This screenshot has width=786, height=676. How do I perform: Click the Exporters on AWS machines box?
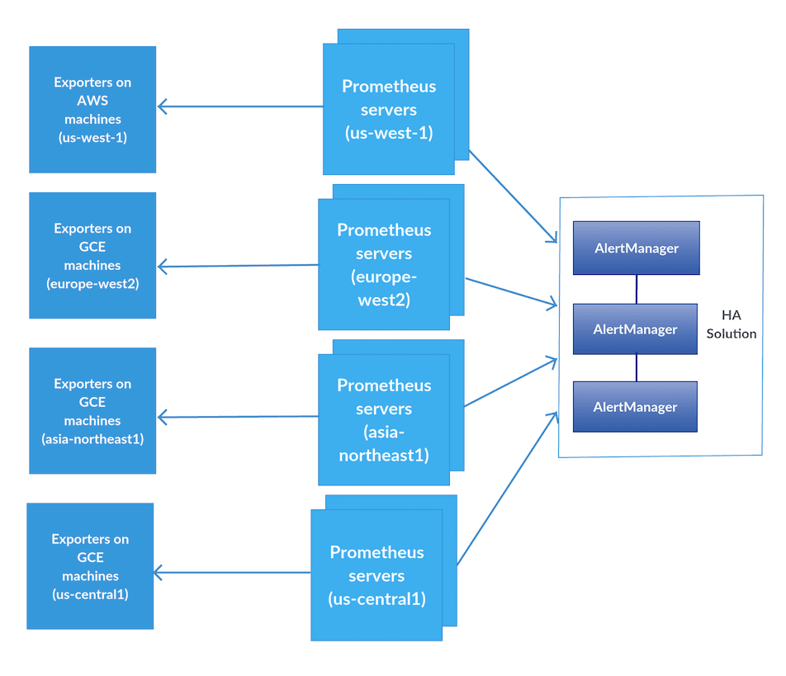pos(92,110)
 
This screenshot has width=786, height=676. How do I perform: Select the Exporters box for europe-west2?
pos(92,256)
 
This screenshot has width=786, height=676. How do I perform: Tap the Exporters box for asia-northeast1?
pos(92,411)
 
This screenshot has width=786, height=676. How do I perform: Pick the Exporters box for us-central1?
pos(90,566)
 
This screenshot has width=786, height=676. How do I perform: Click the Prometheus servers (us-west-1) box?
pos(388,110)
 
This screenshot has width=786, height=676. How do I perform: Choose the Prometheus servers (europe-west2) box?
pos(384,264)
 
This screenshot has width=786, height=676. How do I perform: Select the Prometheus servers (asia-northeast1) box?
pos(384,419)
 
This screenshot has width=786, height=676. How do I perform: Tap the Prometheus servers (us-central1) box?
pos(376,574)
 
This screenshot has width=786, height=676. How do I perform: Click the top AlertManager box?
pos(637,248)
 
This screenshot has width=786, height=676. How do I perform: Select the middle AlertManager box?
pos(635,329)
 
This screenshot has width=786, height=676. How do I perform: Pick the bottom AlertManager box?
pos(635,407)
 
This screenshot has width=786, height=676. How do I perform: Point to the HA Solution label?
pos(731,324)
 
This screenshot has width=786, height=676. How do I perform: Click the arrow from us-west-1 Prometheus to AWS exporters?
pos(239,106)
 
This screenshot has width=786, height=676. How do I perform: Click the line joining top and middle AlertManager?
pos(637,289)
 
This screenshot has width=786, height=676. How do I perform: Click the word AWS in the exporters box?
pos(92,101)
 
